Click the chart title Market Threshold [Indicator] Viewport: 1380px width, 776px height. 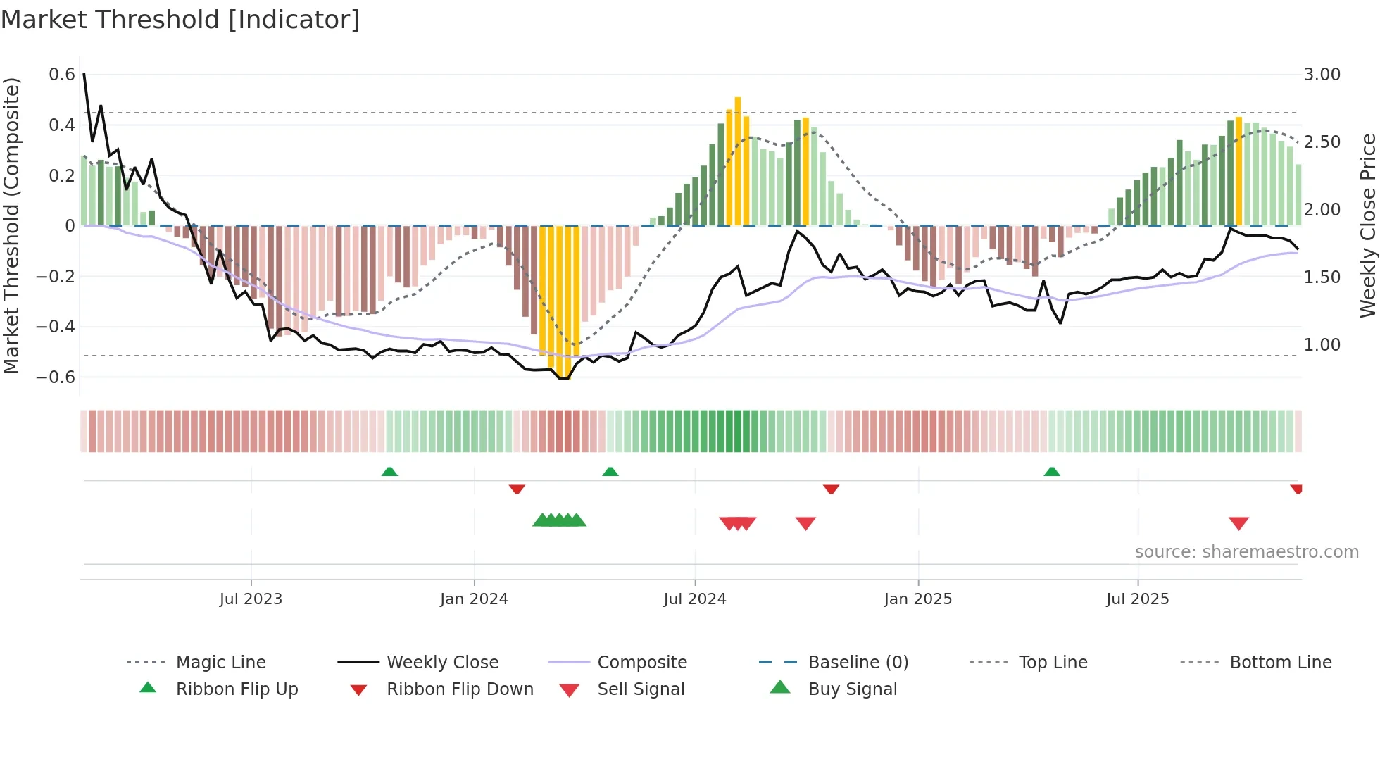[x=180, y=20]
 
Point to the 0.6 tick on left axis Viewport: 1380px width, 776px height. [x=62, y=75]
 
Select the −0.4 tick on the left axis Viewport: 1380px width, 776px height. [x=56, y=327]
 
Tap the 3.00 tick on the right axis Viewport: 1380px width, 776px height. [x=1322, y=75]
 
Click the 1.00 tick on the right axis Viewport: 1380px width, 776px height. [x=1322, y=345]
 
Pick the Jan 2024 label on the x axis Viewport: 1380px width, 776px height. [x=474, y=599]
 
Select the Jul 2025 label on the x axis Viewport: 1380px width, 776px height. [x=1137, y=599]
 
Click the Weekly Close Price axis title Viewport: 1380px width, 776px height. [x=1367, y=225]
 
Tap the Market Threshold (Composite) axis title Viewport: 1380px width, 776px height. [x=11, y=225]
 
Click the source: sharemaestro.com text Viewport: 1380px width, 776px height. [x=1246, y=552]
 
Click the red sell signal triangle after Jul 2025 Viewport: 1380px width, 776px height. [x=1238, y=523]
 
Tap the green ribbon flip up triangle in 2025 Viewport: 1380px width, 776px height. [x=1052, y=472]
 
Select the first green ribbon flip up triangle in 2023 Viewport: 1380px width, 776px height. [x=389, y=472]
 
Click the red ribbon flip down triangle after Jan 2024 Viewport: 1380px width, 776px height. [x=517, y=489]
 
